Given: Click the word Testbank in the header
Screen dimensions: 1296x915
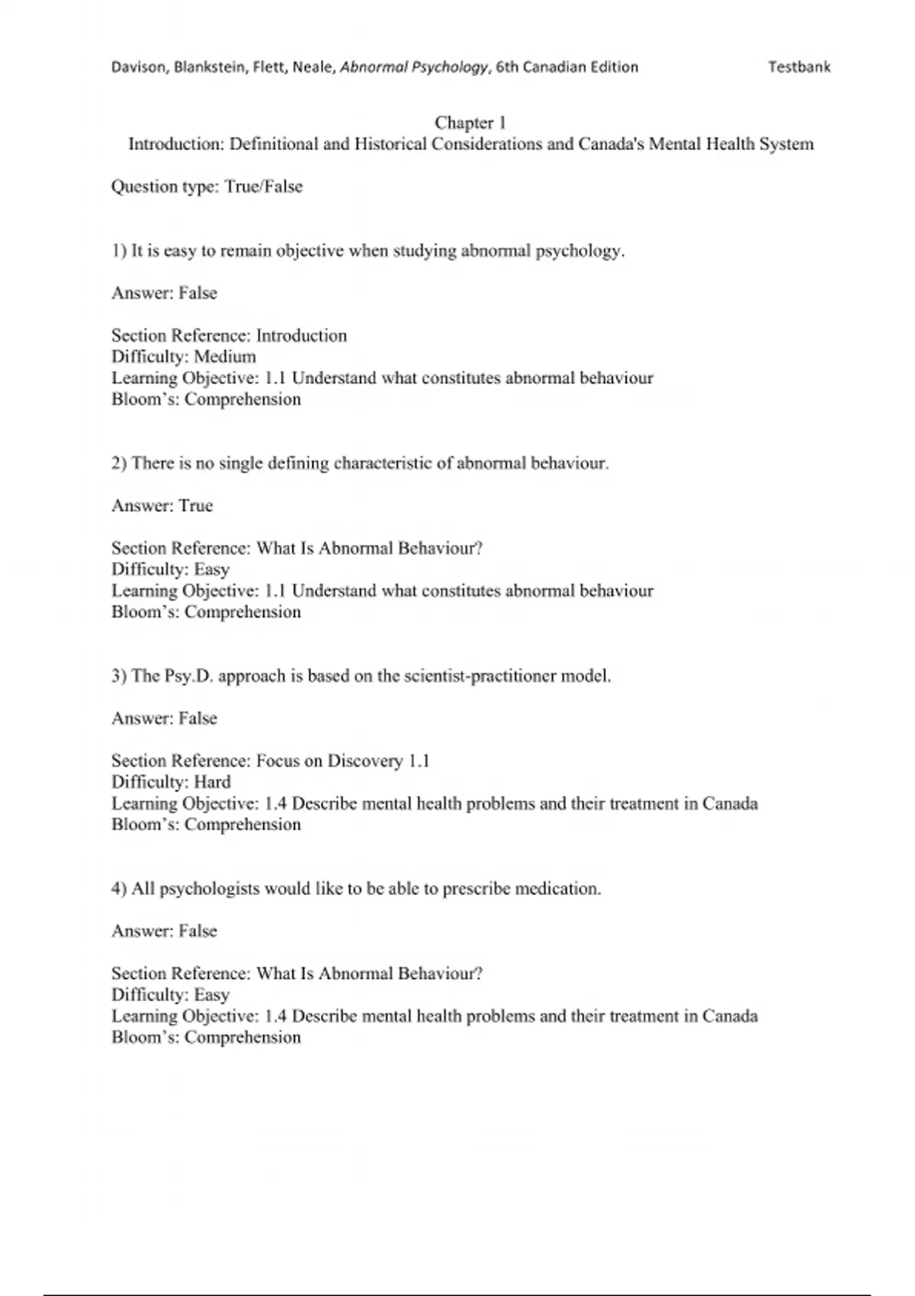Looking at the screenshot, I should (799, 67).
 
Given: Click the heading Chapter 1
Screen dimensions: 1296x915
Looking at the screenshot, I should (470, 123).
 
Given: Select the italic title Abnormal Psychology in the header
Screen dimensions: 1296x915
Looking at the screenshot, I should (413, 67).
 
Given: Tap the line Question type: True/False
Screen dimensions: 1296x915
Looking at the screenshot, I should (207, 187).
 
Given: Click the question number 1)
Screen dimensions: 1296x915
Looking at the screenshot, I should (119, 251).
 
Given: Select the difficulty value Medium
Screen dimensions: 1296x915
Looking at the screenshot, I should (225, 357).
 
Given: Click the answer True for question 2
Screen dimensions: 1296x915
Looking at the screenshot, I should (196, 505).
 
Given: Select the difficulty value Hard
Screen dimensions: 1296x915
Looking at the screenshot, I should (212, 782).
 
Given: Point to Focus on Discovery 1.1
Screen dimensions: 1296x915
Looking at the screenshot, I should (343, 761).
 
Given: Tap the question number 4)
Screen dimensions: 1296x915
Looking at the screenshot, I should (119, 889).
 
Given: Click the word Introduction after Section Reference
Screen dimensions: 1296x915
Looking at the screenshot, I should (301, 335).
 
